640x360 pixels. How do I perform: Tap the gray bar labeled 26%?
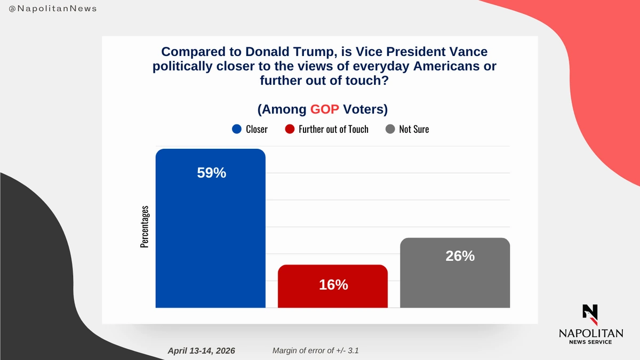[x=455, y=277]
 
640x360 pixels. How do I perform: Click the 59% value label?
[x=212, y=173]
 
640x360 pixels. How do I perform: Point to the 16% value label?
[x=333, y=285]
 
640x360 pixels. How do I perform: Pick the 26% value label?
[x=460, y=256]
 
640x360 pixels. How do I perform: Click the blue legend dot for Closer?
[x=237, y=129]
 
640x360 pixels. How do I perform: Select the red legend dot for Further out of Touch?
[x=290, y=129]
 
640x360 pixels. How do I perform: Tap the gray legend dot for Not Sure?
[x=390, y=129]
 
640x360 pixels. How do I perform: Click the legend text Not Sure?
[x=414, y=129]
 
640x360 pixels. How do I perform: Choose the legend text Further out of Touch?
[x=333, y=129]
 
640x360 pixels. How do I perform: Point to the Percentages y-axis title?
[x=145, y=227]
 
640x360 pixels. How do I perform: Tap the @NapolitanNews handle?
[x=53, y=9]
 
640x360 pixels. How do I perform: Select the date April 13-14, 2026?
[x=201, y=350]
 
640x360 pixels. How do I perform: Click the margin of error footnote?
[x=318, y=350]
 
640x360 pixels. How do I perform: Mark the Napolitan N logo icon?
[x=590, y=315]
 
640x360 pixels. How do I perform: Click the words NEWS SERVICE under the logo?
[x=590, y=342]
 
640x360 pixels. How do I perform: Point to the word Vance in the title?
[x=468, y=52]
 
